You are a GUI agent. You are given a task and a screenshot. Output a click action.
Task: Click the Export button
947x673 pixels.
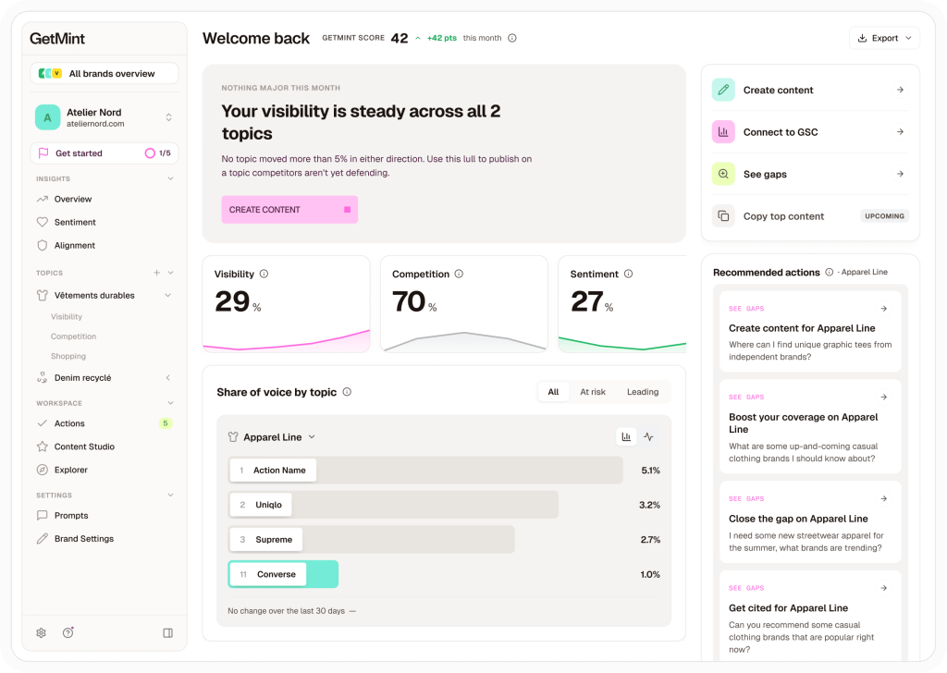[x=884, y=38]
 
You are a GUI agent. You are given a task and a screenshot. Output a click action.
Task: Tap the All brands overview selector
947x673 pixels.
[x=105, y=74]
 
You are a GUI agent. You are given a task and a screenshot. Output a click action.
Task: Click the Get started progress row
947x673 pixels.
[x=105, y=153]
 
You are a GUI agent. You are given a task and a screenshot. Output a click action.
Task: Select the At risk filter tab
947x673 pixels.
[x=593, y=392]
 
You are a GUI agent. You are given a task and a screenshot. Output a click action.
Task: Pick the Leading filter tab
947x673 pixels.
[x=643, y=392]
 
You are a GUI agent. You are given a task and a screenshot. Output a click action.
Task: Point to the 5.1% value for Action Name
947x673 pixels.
[x=650, y=471]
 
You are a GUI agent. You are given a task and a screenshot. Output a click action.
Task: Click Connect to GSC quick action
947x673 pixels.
[x=810, y=132]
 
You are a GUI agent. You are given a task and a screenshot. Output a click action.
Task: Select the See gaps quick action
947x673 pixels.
[x=810, y=174]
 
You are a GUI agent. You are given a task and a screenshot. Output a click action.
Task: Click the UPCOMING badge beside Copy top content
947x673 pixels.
[x=884, y=216]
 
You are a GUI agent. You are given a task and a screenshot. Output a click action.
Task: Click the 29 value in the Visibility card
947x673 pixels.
[x=232, y=301]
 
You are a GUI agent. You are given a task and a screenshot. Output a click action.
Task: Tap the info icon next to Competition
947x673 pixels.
[x=459, y=274]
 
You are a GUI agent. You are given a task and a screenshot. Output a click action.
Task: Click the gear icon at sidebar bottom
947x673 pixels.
[x=41, y=632]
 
